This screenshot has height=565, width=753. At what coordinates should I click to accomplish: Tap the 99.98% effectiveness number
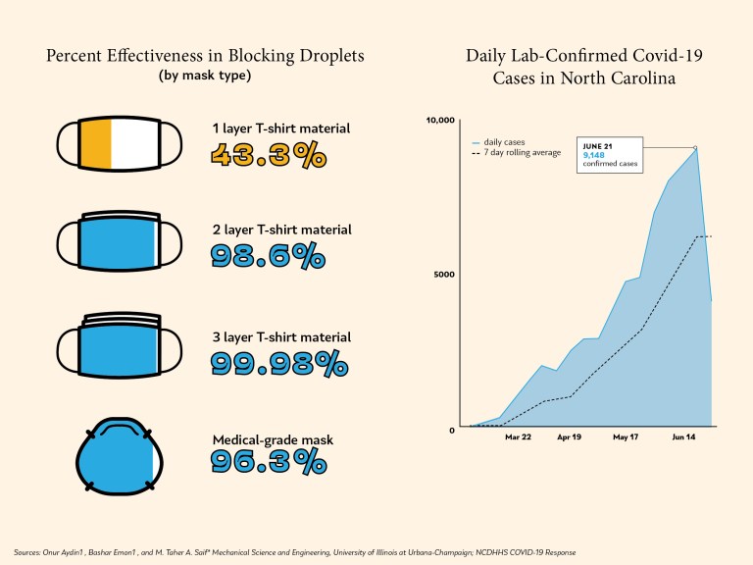tap(279, 363)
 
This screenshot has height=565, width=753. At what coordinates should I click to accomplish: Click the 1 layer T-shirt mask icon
tap(111, 146)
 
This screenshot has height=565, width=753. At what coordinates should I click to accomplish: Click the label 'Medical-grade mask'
tap(273, 440)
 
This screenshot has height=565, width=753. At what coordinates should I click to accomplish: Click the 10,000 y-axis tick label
tap(440, 121)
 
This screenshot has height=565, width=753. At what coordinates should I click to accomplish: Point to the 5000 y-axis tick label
tap(444, 274)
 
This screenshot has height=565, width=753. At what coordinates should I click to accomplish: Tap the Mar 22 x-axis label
tap(518, 440)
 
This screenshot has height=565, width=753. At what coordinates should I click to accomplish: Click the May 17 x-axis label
tap(626, 440)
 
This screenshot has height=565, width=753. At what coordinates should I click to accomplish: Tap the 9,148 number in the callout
tap(594, 155)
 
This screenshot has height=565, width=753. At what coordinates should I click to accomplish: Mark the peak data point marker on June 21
tap(695, 148)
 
